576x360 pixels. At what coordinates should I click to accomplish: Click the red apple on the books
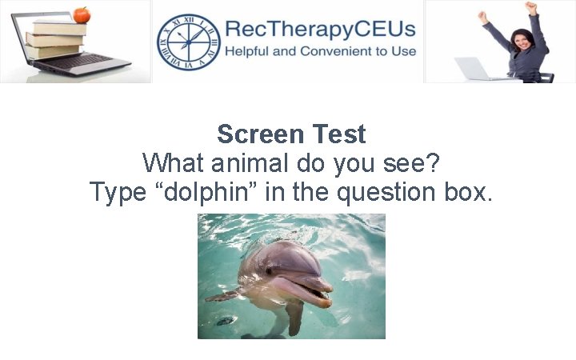pyautogui.click(x=81, y=14)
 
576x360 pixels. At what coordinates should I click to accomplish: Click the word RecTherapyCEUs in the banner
pyautogui.click(x=320, y=30)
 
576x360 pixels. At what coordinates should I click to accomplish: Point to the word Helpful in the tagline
pyautogui.click(x=252, y=51)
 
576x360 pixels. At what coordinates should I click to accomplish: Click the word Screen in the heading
pyautogui.click(x=257, y=134)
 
